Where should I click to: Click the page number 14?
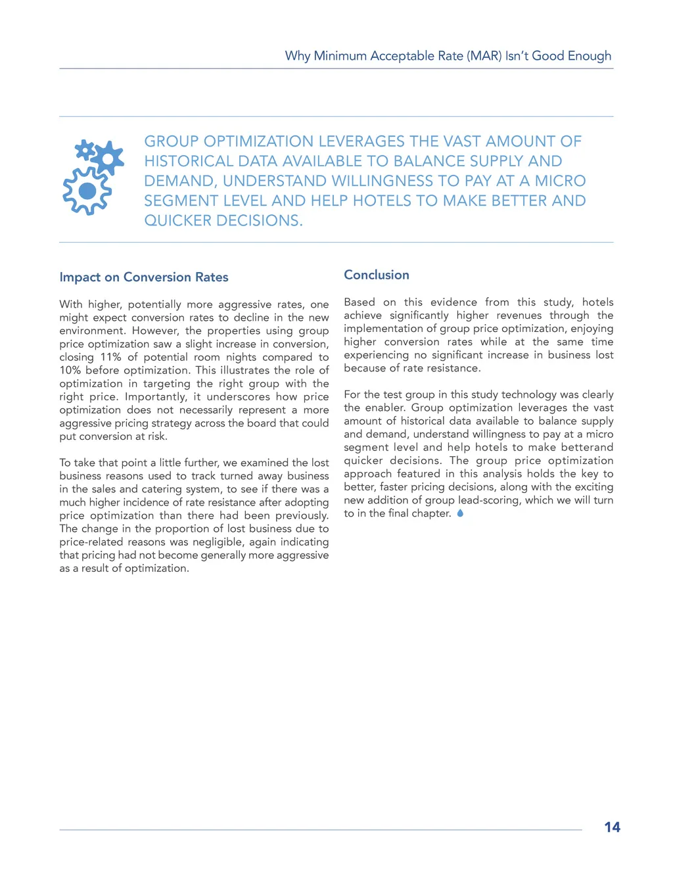pyautogui.click(x=612, y=827)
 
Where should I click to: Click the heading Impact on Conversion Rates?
pyautogui.click(x=144, y=277)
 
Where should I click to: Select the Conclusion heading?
pyautogui.click(x=377, y=275)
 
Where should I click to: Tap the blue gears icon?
pyautogui.click(x=93, y=177)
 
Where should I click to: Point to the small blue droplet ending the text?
pyautogui.click(x=460, y=513)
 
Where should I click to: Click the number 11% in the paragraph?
pyautogui.click(x=110, y=357)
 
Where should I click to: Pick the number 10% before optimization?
pyautogui.click(x=70, y=370)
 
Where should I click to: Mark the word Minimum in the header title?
pyautogui.click(x=340, y=56)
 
